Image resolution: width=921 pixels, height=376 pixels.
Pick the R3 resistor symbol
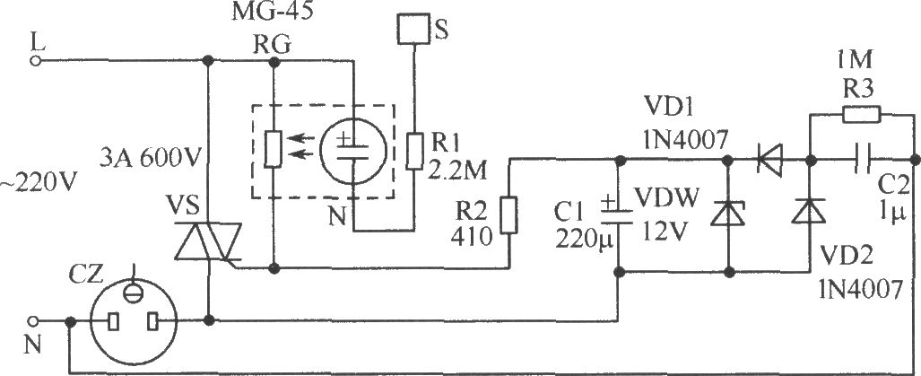coord(862,115)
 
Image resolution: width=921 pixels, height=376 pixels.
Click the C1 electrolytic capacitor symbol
coord(618,214)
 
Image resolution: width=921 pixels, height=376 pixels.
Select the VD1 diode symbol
coord(769,159)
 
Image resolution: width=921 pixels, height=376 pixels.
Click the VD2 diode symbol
coord(810,212)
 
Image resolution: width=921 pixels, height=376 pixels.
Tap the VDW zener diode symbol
coord(728,213)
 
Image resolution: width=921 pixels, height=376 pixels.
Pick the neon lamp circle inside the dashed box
coord(353,151)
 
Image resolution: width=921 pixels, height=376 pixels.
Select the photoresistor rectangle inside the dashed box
coord(274,151)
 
